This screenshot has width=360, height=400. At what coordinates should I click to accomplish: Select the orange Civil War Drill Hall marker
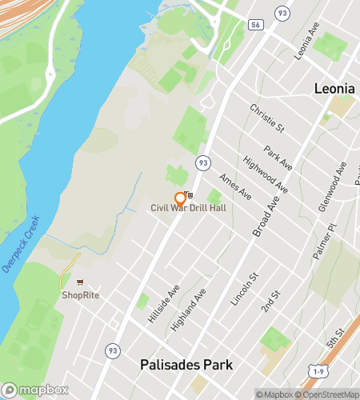click(180, 199)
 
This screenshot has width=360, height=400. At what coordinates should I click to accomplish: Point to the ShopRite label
click(80, 294)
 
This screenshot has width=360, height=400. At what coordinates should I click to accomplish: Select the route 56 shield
click(255, 26)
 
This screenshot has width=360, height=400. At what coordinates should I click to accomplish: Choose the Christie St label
click(267, 117)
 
